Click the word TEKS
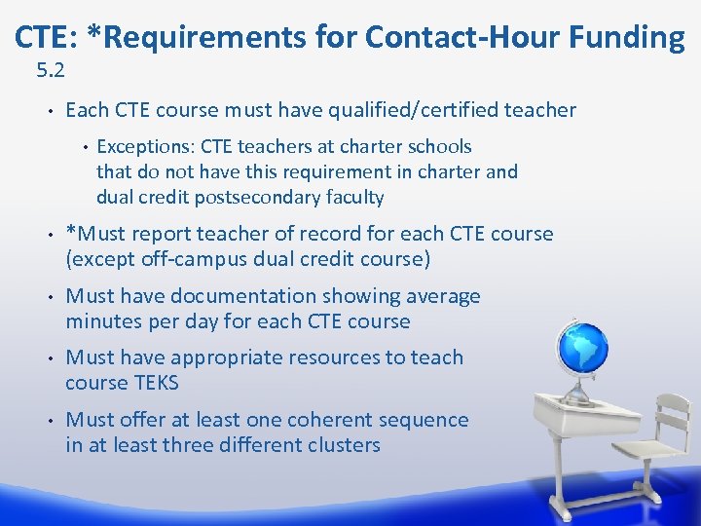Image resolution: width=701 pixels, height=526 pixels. [156, 383]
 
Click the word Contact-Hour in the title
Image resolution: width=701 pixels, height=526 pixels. [454, 37]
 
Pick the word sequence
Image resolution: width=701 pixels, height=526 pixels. [423, 420]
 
